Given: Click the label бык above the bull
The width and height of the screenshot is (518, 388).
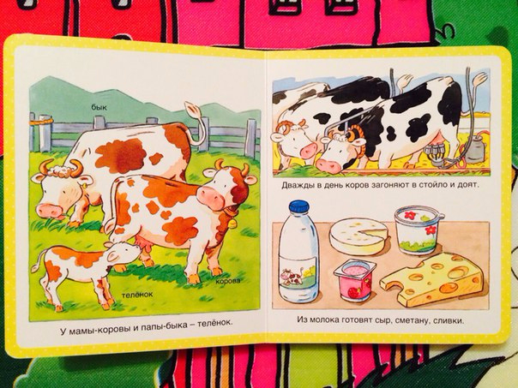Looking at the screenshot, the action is tap(99, 107).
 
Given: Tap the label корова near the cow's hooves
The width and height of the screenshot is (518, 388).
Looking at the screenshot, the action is tap(228, 281).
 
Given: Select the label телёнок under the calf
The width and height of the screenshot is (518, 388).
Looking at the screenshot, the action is tap(137, 295).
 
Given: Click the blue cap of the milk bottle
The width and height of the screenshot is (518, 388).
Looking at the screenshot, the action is tap(299, 206).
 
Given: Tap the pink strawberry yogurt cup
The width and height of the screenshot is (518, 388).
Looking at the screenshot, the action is tap(355, 280).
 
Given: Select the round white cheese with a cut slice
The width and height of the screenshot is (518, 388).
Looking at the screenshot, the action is tap(358, 236).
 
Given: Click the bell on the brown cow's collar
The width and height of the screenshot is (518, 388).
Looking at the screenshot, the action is tap(232, 224).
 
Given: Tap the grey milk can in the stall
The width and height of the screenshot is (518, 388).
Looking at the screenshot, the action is tap(475, 150).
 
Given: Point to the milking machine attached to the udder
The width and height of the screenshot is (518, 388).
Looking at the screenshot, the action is tap(436, 154).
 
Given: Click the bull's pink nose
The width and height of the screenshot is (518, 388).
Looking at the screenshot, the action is tap(49, 211).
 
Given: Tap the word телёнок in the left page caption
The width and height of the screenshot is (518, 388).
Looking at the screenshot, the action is tap(214, 323).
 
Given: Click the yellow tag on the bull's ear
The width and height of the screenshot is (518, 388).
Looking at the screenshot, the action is tap(83, 186).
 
